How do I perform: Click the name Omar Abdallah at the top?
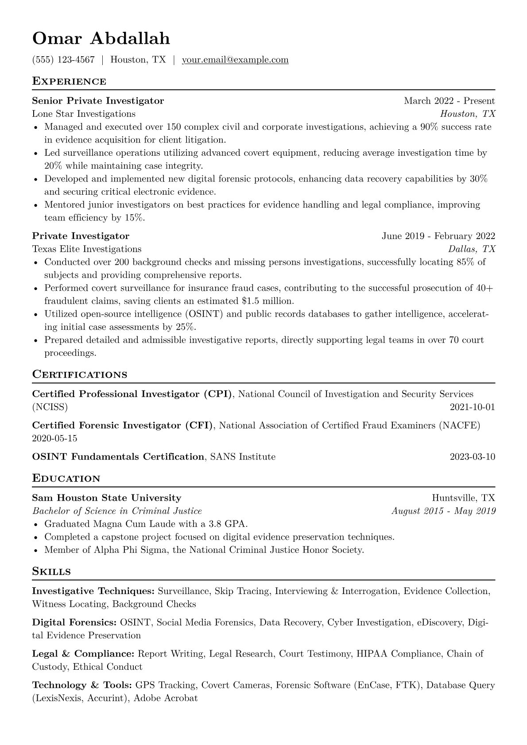pyautogui.click(x=101, y=39)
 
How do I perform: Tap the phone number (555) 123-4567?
pyautogui.click(x=63, y=60)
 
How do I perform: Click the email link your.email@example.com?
pyautogui.click(x=235, y=60)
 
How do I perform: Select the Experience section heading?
pyautogui.click(x=69, y=81)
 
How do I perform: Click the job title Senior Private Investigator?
pyautogui.click(x=98, y=101)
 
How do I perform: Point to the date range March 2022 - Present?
pyautogui.click(x=449, y=101)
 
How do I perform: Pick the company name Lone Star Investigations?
pyautogui.click(x=84, y=114)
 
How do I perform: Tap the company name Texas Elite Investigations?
pyautogui.click(x=87, y=249)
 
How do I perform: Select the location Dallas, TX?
pyautogui.click(x=472, y=249)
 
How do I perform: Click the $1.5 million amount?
pyautogui.click(x=267, y=301)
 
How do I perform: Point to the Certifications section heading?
pyautogui.click(x=80, y=374)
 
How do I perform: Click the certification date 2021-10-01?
pyautogui.click(x=472, y=407)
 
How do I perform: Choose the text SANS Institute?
pyautogui.click(x=243, y=456)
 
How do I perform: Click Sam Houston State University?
pyautogui.click(x=107, y=498)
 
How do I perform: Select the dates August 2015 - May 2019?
pyautogui.click(x=443, y=511)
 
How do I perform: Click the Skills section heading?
pyautogui.click(x=51, y=571)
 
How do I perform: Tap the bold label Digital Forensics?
pyautogui.click(x=74, y=622)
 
